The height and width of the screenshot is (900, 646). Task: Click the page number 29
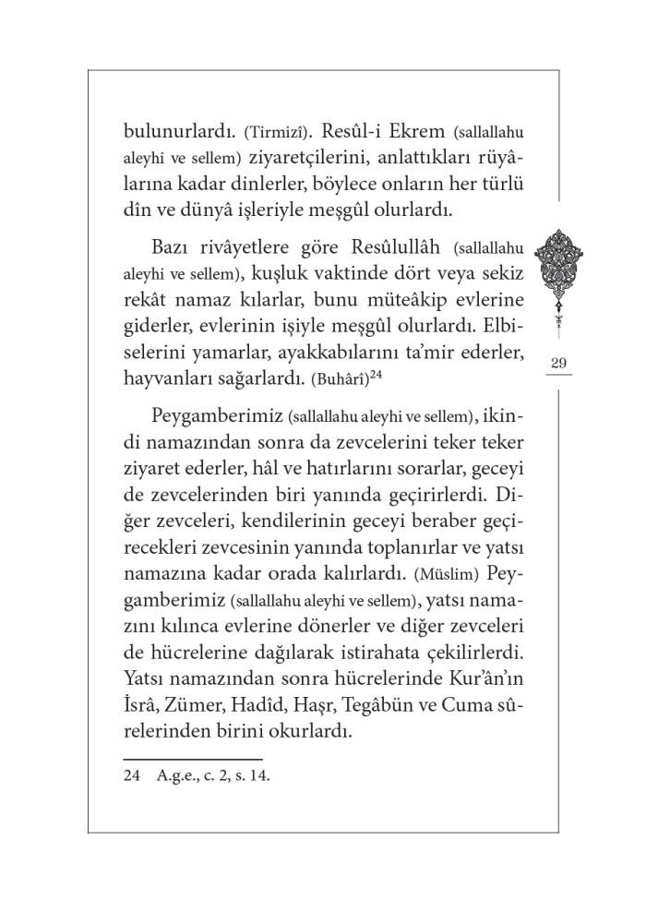pyautogui.click(x=558, y=363)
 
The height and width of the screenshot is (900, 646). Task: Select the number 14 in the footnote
pyautogui.click(x=257, y=776)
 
